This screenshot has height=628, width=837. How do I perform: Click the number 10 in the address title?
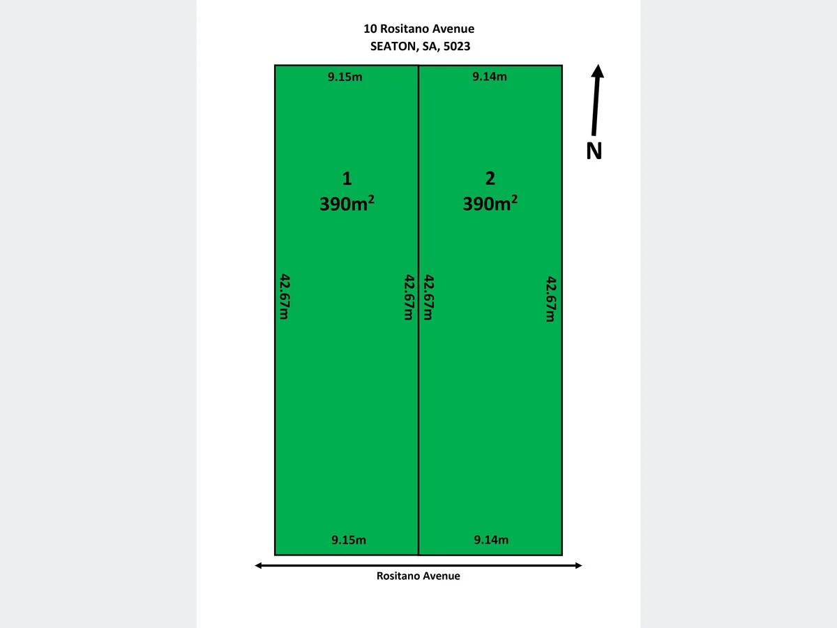click(x=370, y=29)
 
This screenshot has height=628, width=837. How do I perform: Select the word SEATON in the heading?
click(x=393, y=47)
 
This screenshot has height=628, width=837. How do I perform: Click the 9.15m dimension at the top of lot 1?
click(x=345, y=77)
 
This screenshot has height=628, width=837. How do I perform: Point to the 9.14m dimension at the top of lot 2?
click(x=490, y=77)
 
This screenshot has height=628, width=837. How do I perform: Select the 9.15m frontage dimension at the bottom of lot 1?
click(x=349, y=539)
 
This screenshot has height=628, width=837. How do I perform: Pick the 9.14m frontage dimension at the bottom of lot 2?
click(x=491, y=539)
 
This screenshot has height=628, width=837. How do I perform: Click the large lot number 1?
click(x=347, y=179)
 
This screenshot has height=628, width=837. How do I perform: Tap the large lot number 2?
click(x=490, y=179)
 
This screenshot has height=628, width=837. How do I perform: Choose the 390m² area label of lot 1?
click(x=347, y=204)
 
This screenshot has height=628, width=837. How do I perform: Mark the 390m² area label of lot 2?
click(x=490, y=204)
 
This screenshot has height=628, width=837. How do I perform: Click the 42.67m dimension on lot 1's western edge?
click(x=284, y=297)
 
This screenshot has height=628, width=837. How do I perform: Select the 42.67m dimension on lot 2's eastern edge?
click(x=550, y=299)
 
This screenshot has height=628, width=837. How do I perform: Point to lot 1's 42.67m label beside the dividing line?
click(x=409, y=297)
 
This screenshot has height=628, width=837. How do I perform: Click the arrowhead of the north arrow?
click(x=598, y=70)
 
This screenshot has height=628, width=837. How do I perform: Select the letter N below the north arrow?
click(x=594, y=151)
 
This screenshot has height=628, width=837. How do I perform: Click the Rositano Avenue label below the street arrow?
click(x=418, y=576)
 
